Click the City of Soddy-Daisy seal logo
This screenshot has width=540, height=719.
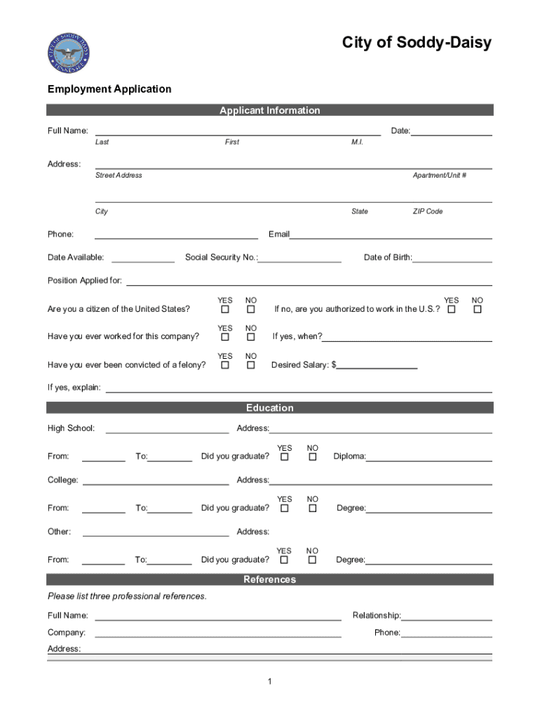69,53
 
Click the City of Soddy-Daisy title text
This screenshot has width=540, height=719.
417,44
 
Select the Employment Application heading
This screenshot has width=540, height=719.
109,89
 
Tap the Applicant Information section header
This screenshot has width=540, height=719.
269,110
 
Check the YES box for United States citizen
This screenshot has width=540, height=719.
225,309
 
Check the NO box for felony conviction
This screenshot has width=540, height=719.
250,365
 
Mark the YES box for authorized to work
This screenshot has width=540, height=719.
452,309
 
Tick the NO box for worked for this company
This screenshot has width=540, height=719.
250,337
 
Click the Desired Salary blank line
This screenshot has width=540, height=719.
377,365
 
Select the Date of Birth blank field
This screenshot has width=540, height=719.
452,258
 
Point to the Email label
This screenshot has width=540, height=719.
278,235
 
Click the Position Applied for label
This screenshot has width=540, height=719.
84,281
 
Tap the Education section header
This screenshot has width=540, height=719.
269,408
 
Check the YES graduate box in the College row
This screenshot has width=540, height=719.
284,508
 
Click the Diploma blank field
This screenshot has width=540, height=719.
428,457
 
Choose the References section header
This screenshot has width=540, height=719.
269,579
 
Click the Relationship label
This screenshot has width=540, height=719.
376,616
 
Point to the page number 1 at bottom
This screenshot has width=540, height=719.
269,682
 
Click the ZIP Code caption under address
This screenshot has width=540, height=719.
428,211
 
